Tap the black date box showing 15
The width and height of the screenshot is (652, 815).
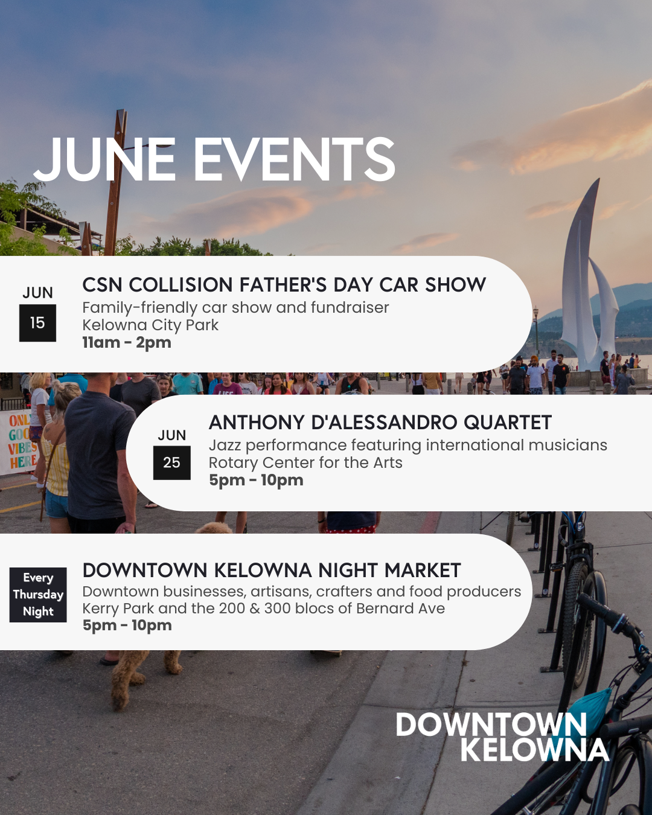point(37,323)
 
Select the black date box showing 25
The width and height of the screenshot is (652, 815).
point(171,462)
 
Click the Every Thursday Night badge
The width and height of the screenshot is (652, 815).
point(38,595)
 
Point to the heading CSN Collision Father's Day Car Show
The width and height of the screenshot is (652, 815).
point(284,285)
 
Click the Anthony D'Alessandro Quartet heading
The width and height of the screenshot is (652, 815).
point(380,422)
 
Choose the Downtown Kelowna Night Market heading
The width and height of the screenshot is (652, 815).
point(272,570)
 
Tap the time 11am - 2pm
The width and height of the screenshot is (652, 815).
point(127,342)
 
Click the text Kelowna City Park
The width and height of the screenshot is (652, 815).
point(150,325)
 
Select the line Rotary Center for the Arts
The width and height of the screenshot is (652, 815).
point(305,463)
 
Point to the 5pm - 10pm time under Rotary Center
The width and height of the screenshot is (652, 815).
point(256,480)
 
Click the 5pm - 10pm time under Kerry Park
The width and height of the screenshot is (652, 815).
point(127,625)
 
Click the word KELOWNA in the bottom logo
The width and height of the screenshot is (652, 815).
point(535,749)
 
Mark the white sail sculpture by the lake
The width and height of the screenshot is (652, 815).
point(587,276)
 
